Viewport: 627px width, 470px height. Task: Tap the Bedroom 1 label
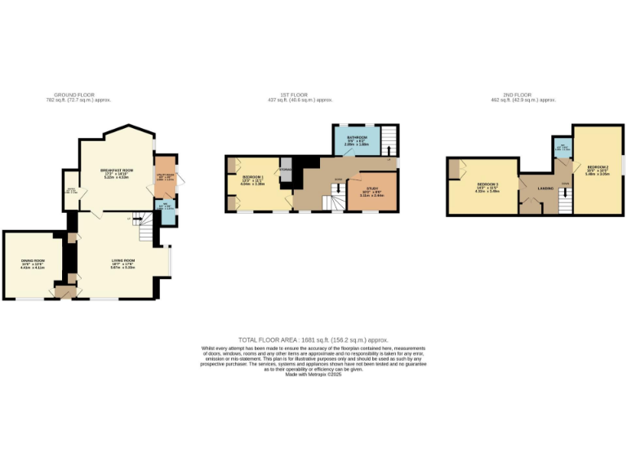pos(251,177)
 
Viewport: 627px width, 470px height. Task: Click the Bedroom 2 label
pos(598,167)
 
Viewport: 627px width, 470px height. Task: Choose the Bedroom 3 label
pos(487,185)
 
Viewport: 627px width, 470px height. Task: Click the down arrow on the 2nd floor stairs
pos(566,193)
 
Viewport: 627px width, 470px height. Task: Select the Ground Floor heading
pos(78,95)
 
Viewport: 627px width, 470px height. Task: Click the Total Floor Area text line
pos(313,339)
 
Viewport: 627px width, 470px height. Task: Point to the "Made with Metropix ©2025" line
pos(313,374)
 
